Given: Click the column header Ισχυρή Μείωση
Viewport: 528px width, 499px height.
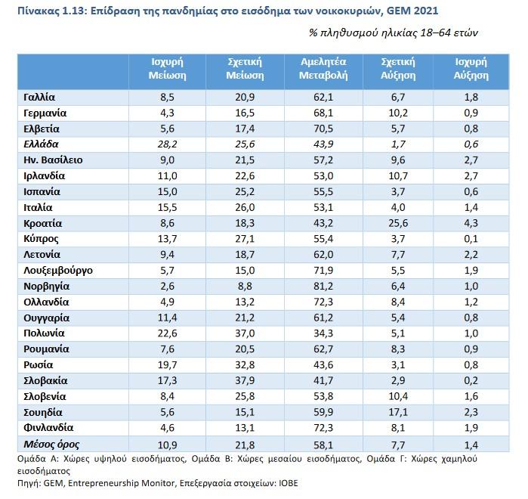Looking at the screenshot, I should (167, 68).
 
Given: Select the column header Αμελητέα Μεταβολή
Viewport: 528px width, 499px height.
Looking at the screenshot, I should (318, 68).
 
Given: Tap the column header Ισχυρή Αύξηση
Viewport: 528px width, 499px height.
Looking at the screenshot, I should (470, 68).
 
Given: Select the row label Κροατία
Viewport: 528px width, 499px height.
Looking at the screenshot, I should (43, 223).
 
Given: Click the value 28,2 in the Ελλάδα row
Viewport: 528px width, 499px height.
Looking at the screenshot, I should (167, 144).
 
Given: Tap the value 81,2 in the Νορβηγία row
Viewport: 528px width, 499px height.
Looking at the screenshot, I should (318, 287).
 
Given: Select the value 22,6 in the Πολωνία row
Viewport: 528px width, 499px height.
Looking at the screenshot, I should (167, 333).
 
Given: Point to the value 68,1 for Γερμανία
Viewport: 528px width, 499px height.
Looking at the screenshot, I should (318, 113).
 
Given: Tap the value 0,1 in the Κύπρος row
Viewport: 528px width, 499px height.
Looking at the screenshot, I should (470, 239).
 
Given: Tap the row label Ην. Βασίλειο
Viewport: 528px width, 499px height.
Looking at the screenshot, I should (54, 160).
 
